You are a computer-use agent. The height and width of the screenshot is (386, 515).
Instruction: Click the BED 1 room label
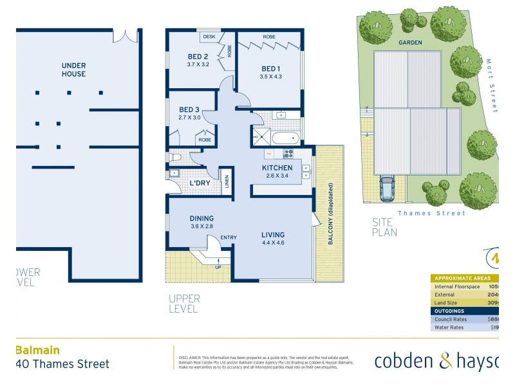tap(271, 68)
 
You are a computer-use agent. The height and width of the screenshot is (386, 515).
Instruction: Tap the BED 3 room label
tap(189, 109)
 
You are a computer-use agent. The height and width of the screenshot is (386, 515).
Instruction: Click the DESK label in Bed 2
tap(209, 37)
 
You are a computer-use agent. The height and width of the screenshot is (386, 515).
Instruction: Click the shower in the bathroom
tap(262, 136)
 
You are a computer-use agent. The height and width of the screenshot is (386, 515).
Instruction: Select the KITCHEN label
tap(277, 168)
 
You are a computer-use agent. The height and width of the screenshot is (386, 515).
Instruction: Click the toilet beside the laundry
tap(174, 156)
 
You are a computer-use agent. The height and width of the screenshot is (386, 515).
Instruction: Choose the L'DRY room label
tap(200, 183)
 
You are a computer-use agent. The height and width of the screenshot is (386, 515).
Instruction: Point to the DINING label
tap(201, 218)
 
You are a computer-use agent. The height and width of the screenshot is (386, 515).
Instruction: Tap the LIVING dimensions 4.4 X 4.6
tap(273, 244)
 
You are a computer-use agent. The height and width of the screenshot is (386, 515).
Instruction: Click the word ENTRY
tap(229, 238)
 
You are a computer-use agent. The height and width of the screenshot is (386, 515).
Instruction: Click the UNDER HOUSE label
tap(73, 69)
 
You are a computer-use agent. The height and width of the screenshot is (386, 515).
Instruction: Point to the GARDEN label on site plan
tap(410, 42)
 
